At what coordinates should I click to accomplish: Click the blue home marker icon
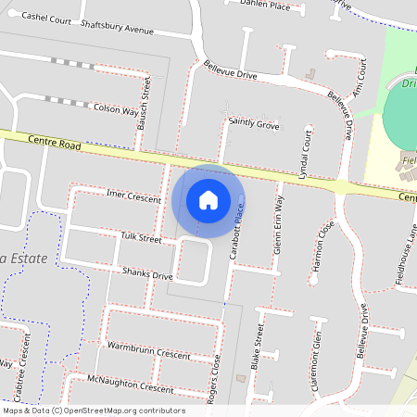(208, 199)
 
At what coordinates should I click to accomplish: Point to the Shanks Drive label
(147, 274)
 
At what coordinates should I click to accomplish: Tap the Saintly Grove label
(254, 123)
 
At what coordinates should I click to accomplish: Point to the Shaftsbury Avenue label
(117, 28)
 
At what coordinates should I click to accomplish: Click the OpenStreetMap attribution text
(93, 411)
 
